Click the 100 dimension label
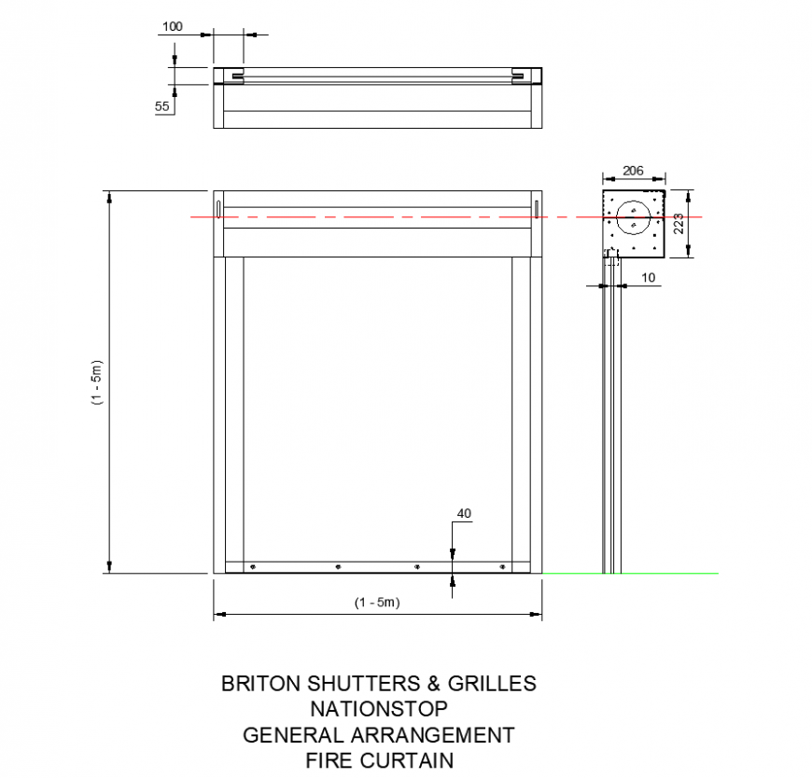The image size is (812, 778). pos(173,26)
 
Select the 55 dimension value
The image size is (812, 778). pos(162,106)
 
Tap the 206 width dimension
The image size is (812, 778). pos(633,171)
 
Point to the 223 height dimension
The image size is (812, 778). pos(679,223)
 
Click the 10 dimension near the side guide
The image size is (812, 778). pos(649,277)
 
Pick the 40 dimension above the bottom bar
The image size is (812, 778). pos(464,513)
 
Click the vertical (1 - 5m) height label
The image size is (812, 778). pos(96,382)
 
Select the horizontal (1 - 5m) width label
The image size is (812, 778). pos(377,603)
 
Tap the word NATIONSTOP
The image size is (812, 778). pos(378,709)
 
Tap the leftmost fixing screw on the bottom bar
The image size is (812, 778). pos(253,567)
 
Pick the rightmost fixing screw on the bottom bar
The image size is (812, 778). pos(503,567)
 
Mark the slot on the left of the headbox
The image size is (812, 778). pos(218,207)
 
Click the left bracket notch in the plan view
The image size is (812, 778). pos(237,76)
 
